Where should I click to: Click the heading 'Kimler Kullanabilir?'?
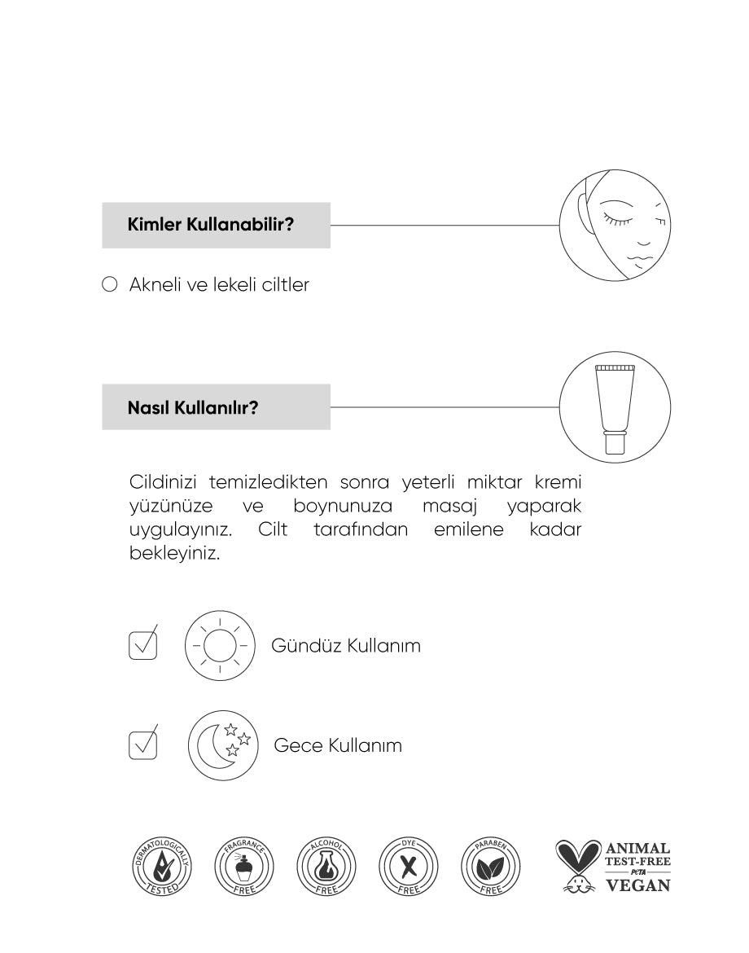point(210,225)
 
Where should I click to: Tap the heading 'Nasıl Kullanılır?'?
point(192,407)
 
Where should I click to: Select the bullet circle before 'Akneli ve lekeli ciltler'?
point(110,285)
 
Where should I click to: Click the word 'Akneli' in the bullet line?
point(155,285)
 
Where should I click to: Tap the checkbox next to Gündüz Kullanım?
point(142,645)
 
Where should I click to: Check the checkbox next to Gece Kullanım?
point(142,745)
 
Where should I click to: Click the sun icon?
point(218,646)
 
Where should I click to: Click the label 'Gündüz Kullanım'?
point(346,646)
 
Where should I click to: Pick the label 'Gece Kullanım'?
point(338,745)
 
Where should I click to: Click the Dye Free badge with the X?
point(410,866)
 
